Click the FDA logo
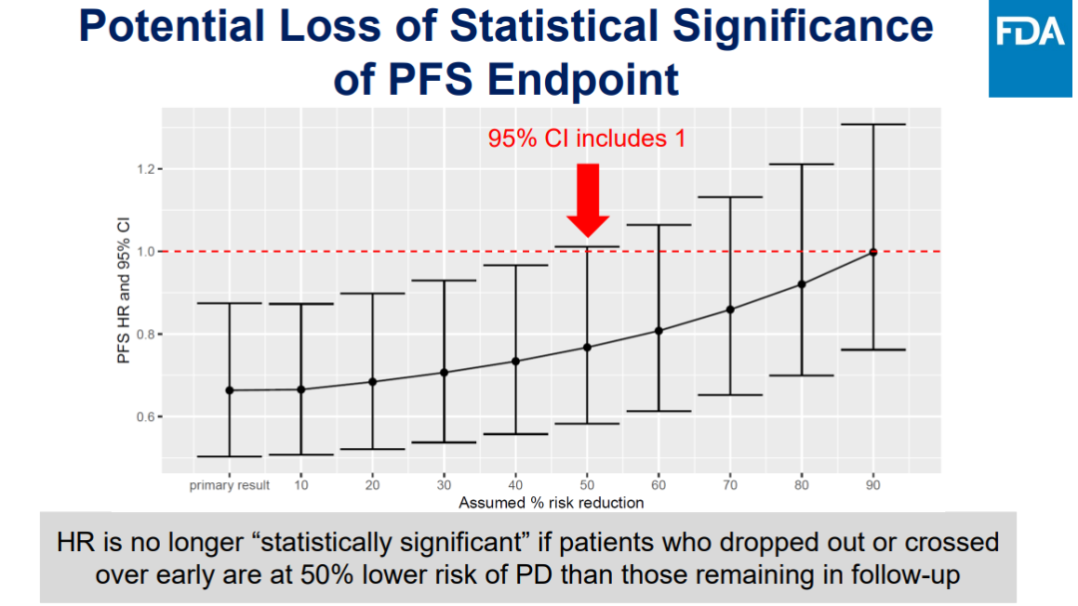(1029, 49)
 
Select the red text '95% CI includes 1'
(587, 138)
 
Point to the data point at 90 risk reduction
(873, 252)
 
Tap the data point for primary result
(230, 390)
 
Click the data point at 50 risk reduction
(587, 347)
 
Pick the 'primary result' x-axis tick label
(230, 485)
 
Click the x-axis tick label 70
(731, 485)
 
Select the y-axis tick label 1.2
(147, 169)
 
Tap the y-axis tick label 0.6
(147, 416)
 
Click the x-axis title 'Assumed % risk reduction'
(551, 502)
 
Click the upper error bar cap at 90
(873, 125)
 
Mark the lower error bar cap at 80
(802, 375)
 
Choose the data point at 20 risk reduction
(372, 381)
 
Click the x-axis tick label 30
(444, 485)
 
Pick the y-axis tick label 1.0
(147, 252)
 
